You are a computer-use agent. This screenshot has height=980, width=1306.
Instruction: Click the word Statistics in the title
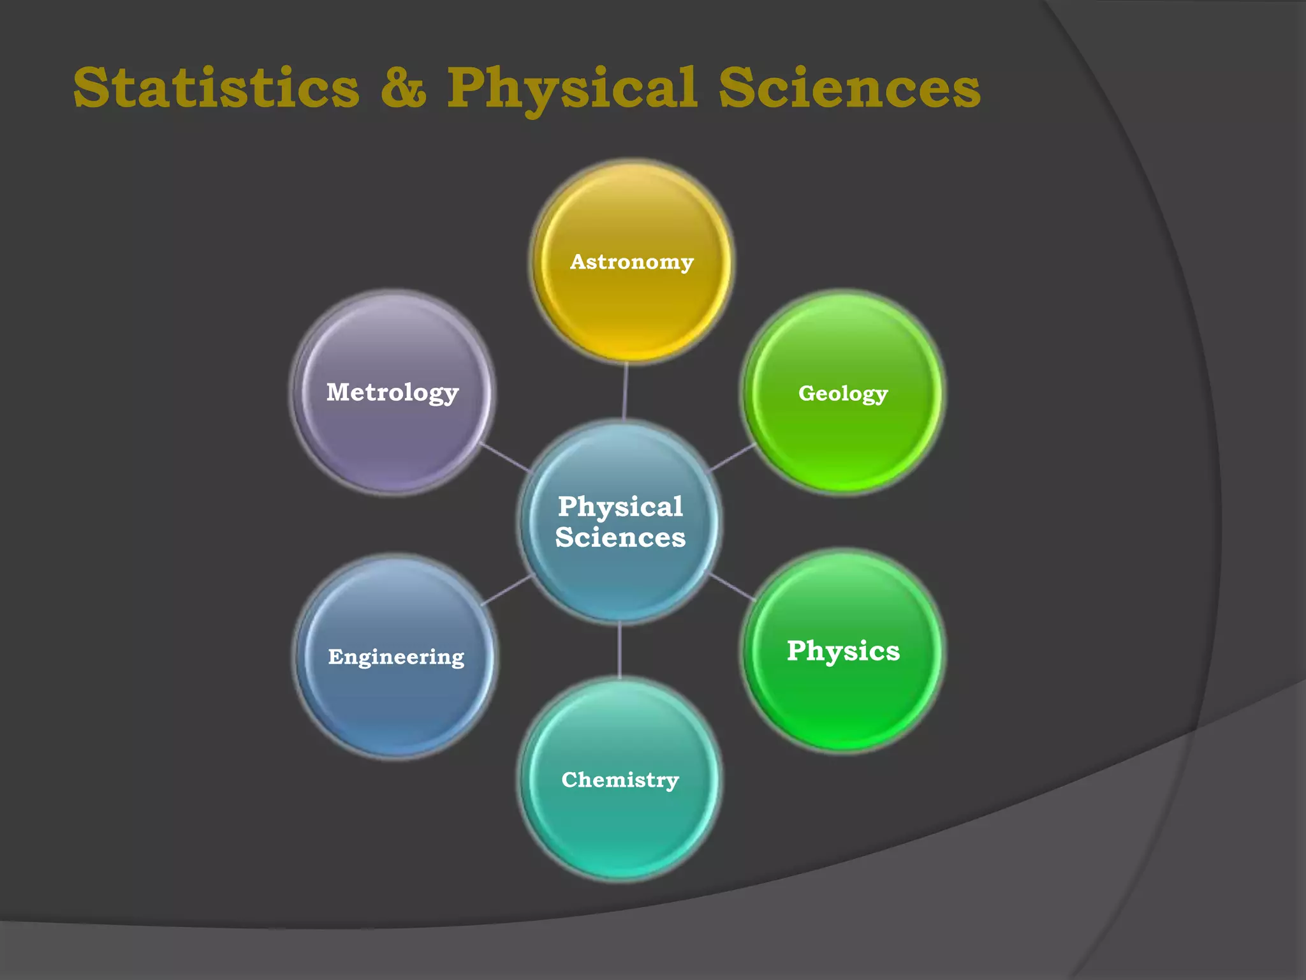point(216,87)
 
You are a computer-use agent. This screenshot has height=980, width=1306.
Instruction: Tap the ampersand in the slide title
point(403,87)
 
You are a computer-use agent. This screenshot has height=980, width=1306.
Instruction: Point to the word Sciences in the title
point(849,87)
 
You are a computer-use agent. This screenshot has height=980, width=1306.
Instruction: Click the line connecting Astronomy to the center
point(626,390)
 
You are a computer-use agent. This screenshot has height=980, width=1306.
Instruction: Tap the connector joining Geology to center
point(733,457)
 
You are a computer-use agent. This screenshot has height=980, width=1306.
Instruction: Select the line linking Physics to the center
point(733,587)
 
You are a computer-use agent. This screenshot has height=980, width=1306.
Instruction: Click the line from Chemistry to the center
point(619,650)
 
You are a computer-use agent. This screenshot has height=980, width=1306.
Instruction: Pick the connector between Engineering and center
point(506,590)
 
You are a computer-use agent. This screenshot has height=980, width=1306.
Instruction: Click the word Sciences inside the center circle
point(620,537)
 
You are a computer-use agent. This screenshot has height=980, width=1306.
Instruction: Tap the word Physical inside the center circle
point(620,507)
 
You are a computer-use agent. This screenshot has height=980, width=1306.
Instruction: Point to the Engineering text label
point(396,657)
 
